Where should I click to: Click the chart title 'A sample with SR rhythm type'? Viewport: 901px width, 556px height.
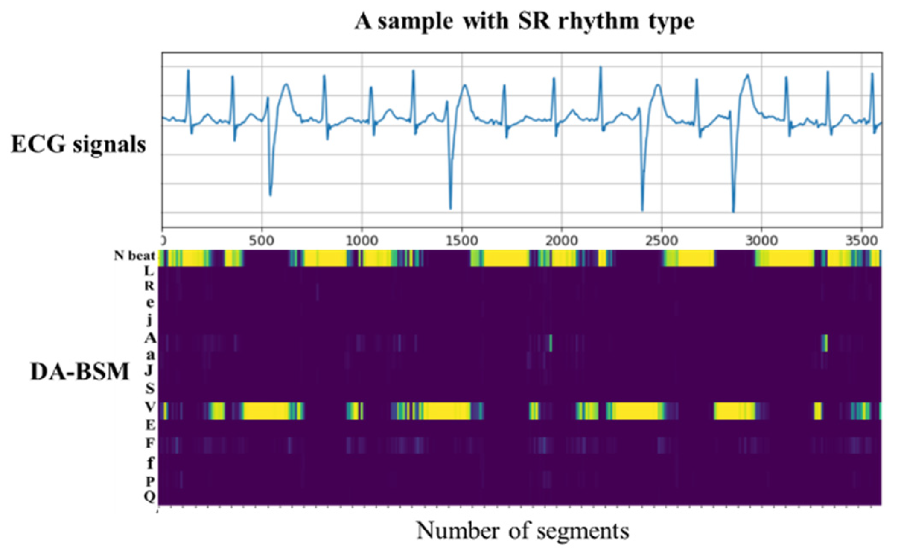point(524,21)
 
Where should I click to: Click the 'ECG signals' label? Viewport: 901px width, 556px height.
point(79,144)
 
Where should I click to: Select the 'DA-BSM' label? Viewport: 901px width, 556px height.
point(79,371)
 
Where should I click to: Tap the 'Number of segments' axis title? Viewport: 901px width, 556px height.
point(522,531)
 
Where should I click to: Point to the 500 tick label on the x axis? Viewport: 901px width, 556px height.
point(262,241)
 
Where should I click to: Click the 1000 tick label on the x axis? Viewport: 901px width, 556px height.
point(362,241)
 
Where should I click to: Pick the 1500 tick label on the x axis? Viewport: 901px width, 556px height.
point(461,241)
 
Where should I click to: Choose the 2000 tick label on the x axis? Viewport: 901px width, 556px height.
point(561,241)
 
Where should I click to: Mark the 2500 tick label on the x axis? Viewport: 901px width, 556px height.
point(661,241)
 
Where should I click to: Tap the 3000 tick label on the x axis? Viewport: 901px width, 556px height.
point(761,241)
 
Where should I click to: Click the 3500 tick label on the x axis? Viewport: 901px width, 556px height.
point(861,241)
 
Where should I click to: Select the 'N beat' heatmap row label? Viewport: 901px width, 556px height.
point(134,256)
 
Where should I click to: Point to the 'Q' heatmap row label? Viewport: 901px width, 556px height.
point(149,496)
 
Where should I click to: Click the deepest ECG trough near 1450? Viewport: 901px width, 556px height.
point(451,208)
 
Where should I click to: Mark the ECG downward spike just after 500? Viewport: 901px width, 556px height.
point(270,195)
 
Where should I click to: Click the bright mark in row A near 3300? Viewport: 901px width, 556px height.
point(825,343)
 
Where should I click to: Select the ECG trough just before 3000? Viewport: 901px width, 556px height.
point(733,211)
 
